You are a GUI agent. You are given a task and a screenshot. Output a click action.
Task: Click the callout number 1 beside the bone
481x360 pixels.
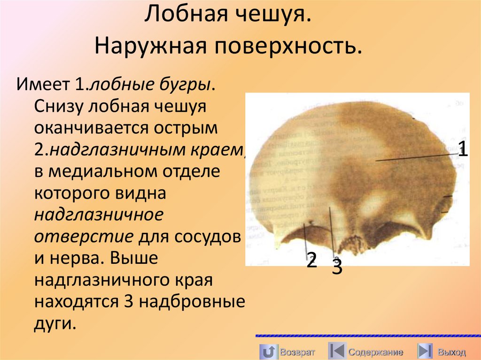(463, 150)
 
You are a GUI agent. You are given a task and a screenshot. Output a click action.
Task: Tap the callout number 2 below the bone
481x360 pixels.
(311, 260)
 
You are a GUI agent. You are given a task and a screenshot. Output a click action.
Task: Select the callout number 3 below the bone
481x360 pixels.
(337, 267)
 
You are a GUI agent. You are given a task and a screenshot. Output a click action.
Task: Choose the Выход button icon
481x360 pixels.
(425, 352)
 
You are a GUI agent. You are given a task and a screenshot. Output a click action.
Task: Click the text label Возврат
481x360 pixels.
(297, 352)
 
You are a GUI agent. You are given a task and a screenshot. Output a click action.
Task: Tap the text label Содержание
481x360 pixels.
(376, 352)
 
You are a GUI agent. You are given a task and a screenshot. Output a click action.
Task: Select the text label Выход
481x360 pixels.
(451, 352)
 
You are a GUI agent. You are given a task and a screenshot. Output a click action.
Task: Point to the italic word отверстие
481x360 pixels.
(83, 236)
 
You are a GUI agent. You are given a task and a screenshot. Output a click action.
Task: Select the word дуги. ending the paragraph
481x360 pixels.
(55, 323)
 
